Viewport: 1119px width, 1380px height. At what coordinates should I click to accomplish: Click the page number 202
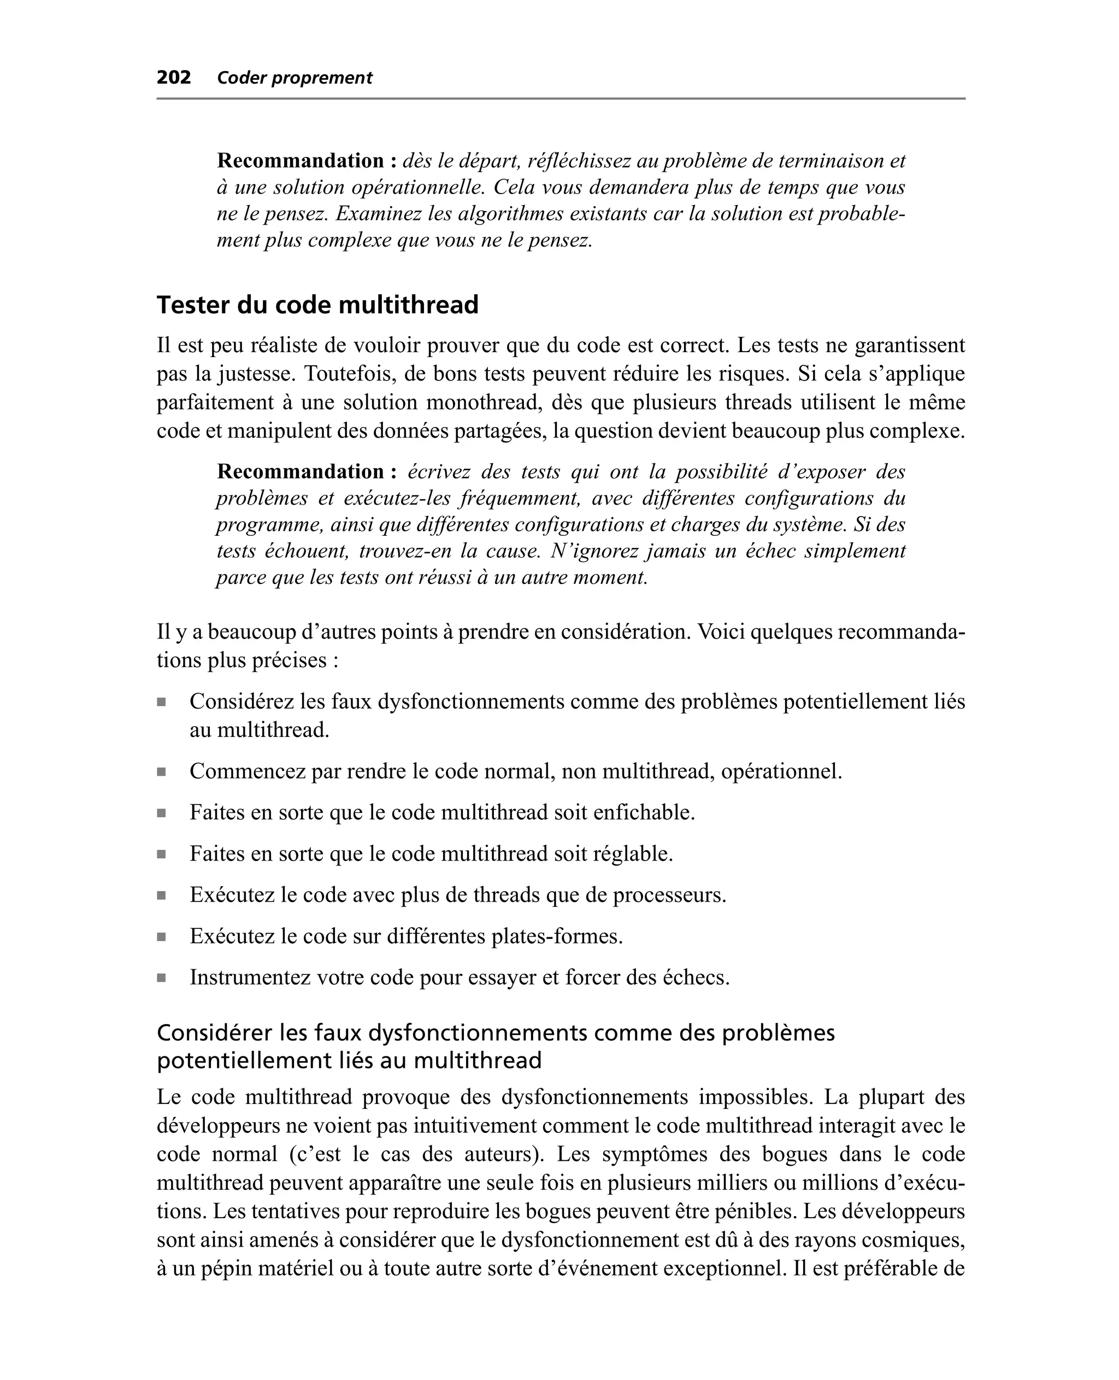(x=173, y=78)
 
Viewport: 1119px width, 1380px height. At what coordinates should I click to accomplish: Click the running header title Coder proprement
(x=295, y=78)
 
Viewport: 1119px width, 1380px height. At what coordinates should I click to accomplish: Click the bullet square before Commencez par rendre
(x=161, y=772)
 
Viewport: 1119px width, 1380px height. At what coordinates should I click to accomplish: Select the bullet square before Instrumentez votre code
(x=161, y=978)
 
